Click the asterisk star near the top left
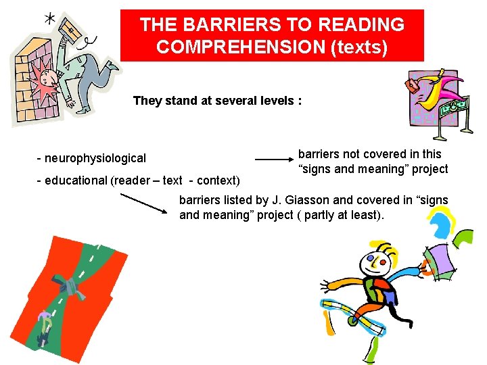coord(50,19)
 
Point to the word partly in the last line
coord(345,215)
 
